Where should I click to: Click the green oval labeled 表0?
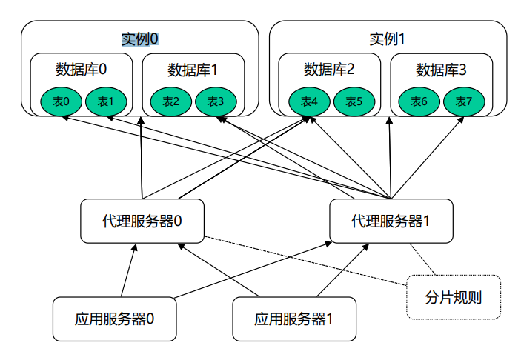pyautogui.click(x=62, y=101)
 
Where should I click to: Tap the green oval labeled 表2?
pyautogui.click(x=171, y=101)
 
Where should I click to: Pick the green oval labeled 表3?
pyautogui.click(x=216, y=101)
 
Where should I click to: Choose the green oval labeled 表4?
pyautogui.click(x=309, y=101)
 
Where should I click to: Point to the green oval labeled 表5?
pyautogui.click(x=354, y=101)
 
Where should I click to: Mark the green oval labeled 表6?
pyautogui.click(x=419, y=101)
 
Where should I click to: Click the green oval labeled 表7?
pyautogui.click(x=464, y=101)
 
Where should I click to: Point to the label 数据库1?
pyautogui.click(x=193, y=70)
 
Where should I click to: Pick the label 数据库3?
pyautogui.click(x=441, y=70)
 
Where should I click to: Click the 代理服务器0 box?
pyautogui.click(x=142, y=221)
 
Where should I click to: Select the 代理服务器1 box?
pyautogui.click(x=391, y=221)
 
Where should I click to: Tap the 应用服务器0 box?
pyautogui.click(x=114, y=319)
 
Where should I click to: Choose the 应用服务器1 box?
pyautogui.click(x=294, y=319)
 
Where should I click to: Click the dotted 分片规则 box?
pyautogui.click(x=454, y=297)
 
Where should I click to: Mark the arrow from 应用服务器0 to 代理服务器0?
pyautogui.click(x=128, y=271)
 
